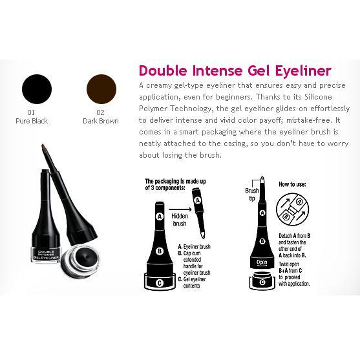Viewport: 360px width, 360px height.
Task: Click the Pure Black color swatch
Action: [x=37, y=89]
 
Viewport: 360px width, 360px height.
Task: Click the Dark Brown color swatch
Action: [x=101, y=89]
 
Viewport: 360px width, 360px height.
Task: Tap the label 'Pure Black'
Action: [x=32, y=121]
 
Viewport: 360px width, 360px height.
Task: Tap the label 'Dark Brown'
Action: [x=101, y=121]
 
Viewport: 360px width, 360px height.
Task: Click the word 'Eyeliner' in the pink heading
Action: [x=303, y=70]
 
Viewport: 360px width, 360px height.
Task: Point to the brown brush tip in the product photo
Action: [x=43, y=147]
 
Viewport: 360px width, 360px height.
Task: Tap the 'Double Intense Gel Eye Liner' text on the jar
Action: [x=46, y=255]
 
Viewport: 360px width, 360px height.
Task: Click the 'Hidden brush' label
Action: [x=180, y=220]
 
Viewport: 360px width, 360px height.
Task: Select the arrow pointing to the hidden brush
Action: [x=180, y=209]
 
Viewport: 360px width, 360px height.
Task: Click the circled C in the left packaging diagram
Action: [x=160, y=283]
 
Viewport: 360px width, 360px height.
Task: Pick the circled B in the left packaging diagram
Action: [x=160, y=251]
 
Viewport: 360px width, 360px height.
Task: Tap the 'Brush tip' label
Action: [x=252, y=194]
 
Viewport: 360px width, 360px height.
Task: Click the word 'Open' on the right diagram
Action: [x=262, y=262]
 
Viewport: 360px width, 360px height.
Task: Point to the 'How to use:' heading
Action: [x=292, y=184]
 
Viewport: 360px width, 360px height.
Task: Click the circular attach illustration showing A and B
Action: [x=292, y=209]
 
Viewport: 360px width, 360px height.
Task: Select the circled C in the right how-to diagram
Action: [x=262, y=282]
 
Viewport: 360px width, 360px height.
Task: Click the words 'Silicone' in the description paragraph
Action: [x=318, y=97]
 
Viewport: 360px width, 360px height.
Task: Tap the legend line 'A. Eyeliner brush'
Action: [x=195, y=247]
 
